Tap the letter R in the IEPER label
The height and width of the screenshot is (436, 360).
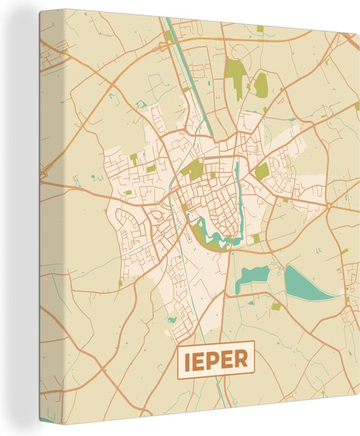pyautogui.click(x=242, y=359)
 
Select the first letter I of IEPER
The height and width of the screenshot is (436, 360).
pyautogui.click(x=187, y=359)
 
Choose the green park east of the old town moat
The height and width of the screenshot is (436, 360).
pyautogui.click(x=262, y=171)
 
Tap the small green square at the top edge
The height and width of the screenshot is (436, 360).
pyautogui.click(x=260, y=29)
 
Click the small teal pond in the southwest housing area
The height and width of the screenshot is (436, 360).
pyautogui.click(x=171, y=320)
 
